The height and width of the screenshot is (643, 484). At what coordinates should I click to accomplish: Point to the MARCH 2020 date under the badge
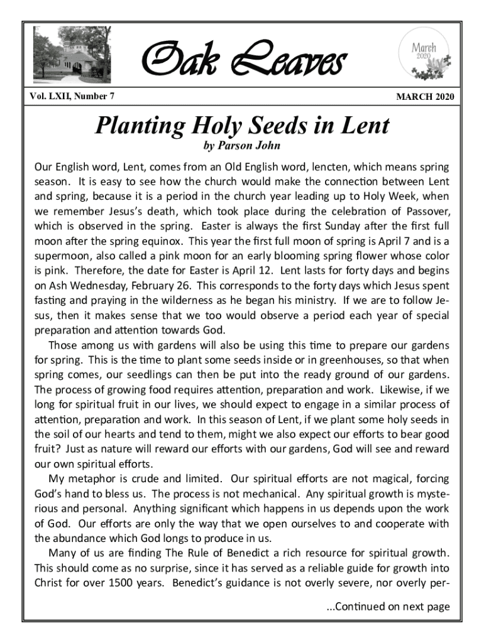pyautogui.click(x=424, y=97)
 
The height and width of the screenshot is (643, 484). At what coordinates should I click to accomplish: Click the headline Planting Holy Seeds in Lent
pyautogui.click(x=242, y=126)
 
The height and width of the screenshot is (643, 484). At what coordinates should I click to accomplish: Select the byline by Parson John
pyautogui.click(x=242, y=147)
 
